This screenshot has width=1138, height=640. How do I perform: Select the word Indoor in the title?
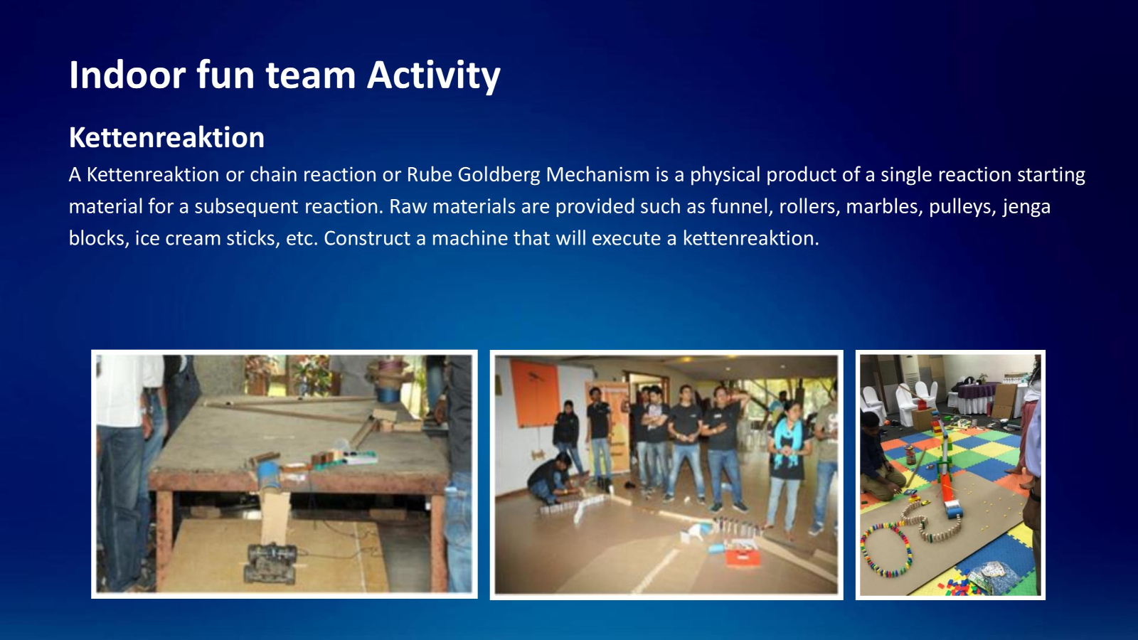click(127, 75)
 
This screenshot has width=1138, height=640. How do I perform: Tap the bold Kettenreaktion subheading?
click(166, 137)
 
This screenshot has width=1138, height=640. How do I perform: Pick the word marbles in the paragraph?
click(884, 206)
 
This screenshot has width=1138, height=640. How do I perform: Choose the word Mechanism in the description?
click(597, 175)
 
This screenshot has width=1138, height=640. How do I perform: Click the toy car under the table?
click(271, 562)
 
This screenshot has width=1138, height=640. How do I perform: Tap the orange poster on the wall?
click(534, 394)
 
